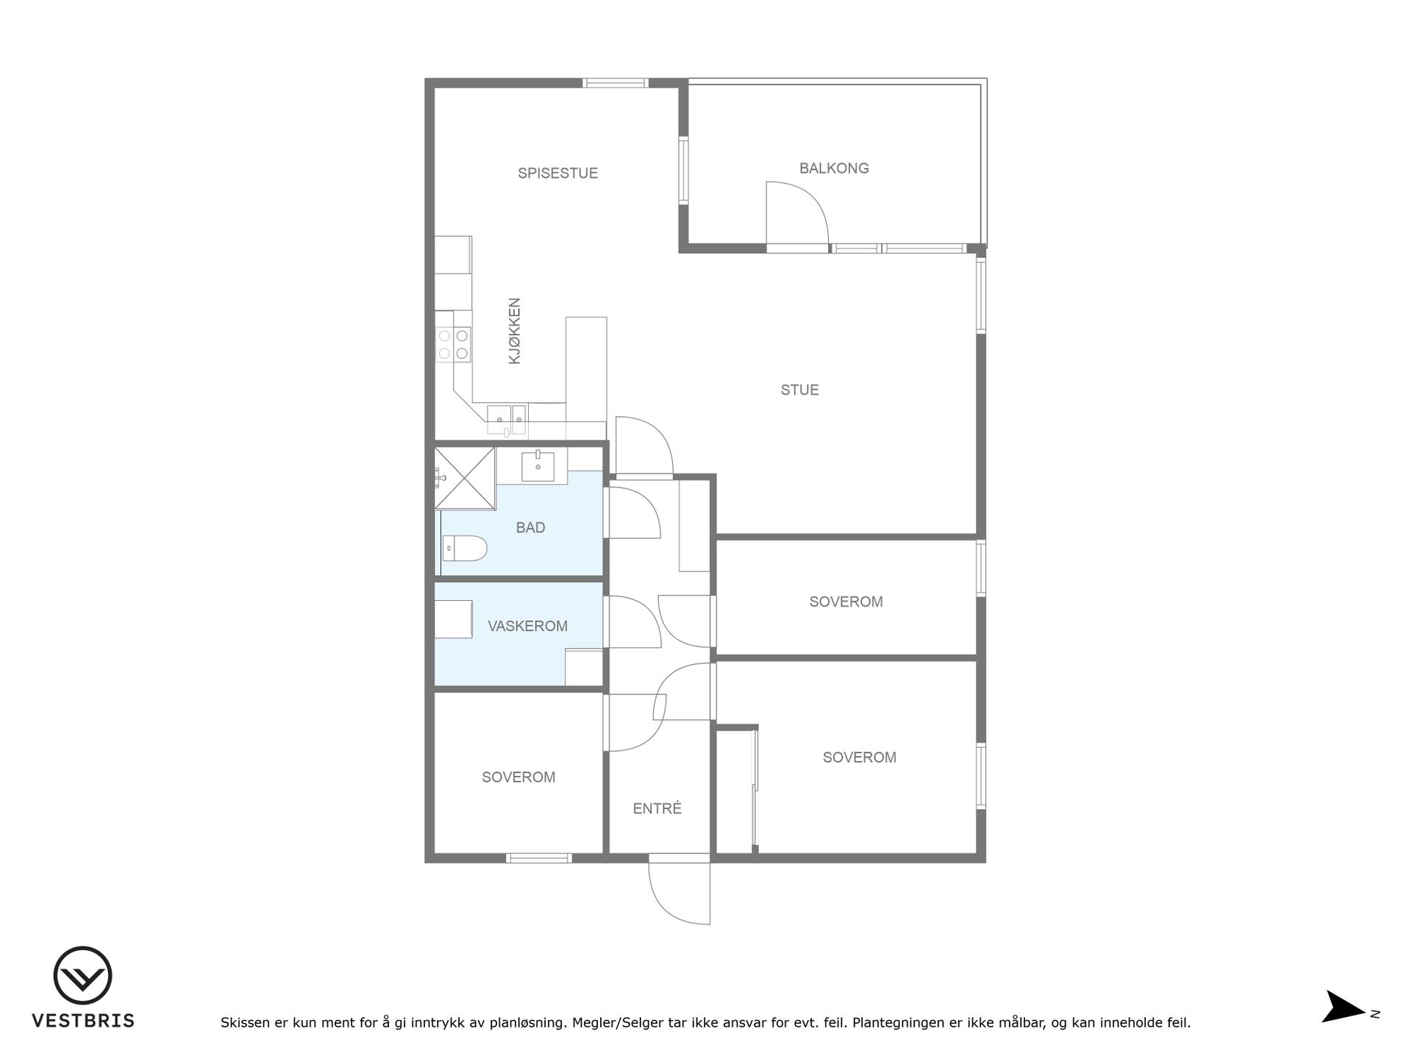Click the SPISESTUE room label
click(x=557, y=174)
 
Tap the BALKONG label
click(x=834, y=168)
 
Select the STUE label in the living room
click(x=799, y=390)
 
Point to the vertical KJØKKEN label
click(x=514, y=331)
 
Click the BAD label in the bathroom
click(x=530, y=527)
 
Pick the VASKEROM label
click(x=527, y=626)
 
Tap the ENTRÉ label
click(x=657, y=808)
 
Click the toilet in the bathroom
click(x=465, y=548)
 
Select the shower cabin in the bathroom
click(x=464, y=477)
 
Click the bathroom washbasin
click(x=538, y=466)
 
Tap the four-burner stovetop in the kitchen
click(x=453, y=344)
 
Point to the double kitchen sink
click(x=507, y=419)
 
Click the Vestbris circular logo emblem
click(x=82, y=976)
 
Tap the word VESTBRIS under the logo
click(x=83, y=1021)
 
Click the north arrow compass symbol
click(x=1344, y=1007)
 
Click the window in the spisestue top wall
click(x=616, y=82)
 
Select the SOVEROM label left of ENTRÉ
click(x=518, y=777)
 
